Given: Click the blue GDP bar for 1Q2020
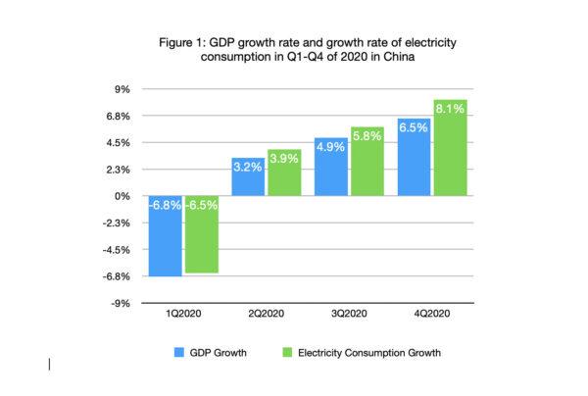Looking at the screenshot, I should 164,236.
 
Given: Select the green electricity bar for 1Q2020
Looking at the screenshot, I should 201,234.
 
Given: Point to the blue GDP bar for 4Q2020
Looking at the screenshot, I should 414,157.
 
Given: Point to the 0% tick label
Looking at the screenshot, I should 123,196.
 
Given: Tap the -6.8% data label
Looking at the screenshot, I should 164,206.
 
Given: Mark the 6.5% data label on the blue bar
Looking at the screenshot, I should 414,126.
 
